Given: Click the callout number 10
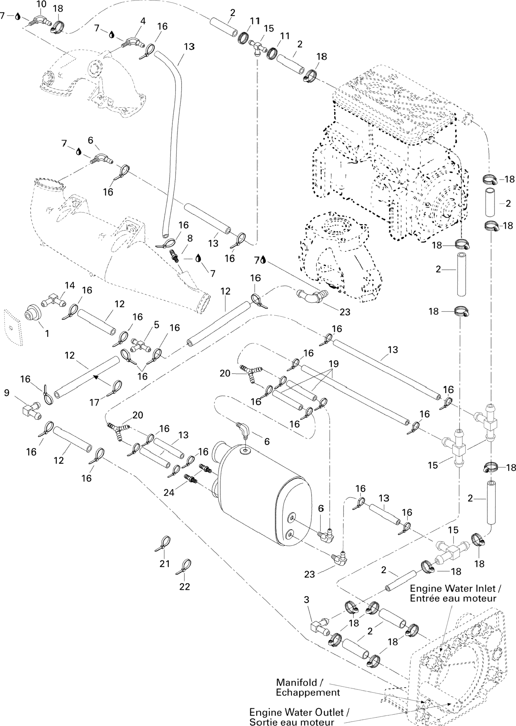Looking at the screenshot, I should (x=41, y=5).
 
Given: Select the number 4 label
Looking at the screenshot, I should (x=143, y=21).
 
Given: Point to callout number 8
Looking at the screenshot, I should (x=190, y=238).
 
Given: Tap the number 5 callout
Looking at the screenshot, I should (x=156, y=325).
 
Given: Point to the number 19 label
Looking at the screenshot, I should (x=334, y=364).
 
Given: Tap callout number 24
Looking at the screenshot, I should (x=169, y=492).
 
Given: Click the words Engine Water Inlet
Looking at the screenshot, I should (x=452, y=588).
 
